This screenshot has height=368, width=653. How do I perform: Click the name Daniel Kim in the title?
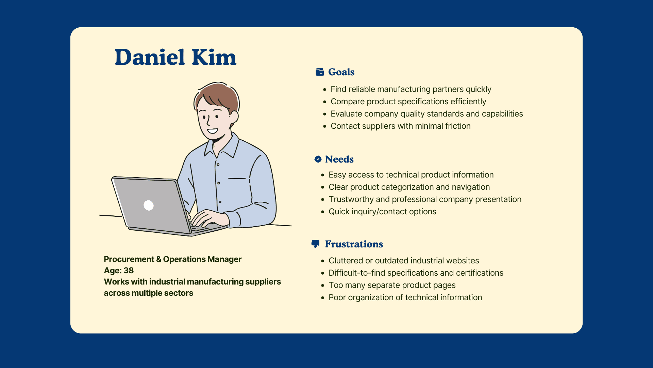(x=175, y=57)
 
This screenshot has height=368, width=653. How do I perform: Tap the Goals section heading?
(x=341, y=72)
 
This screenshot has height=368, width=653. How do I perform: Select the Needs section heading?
(x=339, y=159)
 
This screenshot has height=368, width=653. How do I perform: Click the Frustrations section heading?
(x=354, y=244)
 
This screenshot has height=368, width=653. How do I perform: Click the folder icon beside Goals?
(x=320, y=72)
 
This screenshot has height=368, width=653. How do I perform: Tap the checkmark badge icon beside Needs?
(x=318, y=159)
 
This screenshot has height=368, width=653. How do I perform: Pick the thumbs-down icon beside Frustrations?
(x=316, y=244)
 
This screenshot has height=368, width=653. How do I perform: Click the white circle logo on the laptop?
(x=149, y=205)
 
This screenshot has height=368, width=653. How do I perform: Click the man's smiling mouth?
(x=213, y=131)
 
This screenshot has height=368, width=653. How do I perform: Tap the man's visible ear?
(x=234, y=117)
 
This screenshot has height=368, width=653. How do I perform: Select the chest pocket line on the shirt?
(x=237, y=178)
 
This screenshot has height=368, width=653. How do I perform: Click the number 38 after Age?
(x=129, y=271)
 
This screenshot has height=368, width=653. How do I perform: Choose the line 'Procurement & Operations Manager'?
(x=173, y=259)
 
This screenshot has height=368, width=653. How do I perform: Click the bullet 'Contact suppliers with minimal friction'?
(x=401, y=126)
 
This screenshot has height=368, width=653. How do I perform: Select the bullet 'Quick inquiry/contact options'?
(x=382, y=212)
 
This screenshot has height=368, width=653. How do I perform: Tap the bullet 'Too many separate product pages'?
(x=392, y=285)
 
